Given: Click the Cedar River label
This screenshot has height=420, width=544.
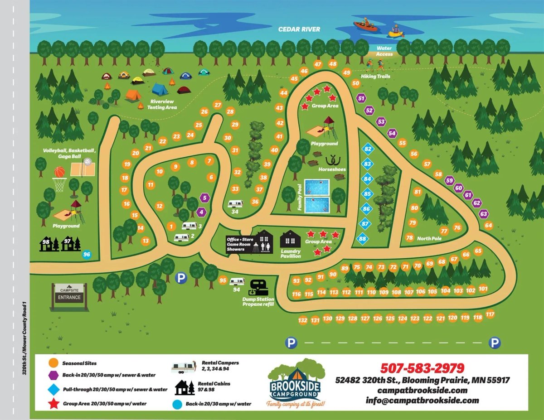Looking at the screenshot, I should [x=299, y=29].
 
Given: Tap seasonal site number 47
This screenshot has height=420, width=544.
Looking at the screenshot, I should [x=318, y=64].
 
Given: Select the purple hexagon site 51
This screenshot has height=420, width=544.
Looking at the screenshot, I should [x=361, y=97].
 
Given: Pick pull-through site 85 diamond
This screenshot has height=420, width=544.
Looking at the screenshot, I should [x=367, y=194].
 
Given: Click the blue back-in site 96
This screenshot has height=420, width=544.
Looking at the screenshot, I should [x=87, y=255].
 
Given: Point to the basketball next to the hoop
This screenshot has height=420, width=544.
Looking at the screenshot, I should [x=60, y=172].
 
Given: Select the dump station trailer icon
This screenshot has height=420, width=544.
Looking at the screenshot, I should [x=258, y=287].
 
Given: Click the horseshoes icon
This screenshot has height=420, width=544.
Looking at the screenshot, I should [x=335, y=160].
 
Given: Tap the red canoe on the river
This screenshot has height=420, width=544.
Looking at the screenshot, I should [x=365, y=26].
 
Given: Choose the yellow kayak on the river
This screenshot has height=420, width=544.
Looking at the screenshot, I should [x=396, y=33].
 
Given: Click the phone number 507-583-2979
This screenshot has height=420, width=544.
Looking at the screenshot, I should [x=422, y=368].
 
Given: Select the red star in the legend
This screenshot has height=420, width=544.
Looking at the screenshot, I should [x=54, y=403].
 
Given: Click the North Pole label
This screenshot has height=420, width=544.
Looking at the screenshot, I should [x=429, y=239].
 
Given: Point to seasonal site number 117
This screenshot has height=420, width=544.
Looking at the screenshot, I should [x=490, y=314].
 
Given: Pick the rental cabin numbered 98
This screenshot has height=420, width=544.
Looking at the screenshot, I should [x=47, y=244].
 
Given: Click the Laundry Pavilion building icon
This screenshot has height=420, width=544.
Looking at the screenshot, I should [x=290, y=239].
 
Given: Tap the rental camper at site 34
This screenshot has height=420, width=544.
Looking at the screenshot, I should [x=236, y=204].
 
